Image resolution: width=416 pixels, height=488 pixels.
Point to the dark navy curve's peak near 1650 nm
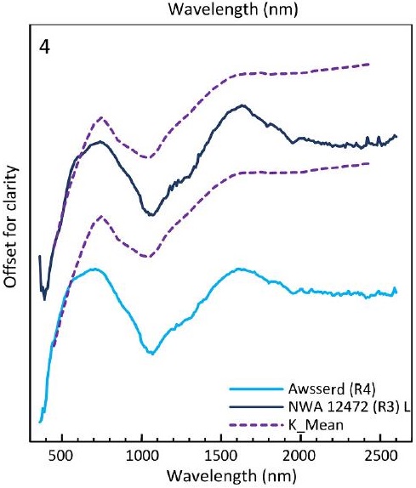(243, 105)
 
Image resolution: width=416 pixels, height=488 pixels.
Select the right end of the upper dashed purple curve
(368, 64)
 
